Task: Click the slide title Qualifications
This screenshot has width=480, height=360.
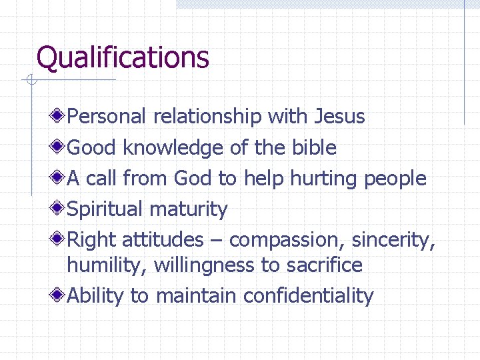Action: click(123, 57)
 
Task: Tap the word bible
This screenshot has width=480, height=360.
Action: click(314, 147)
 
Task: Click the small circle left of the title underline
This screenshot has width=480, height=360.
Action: click(30, 81)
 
